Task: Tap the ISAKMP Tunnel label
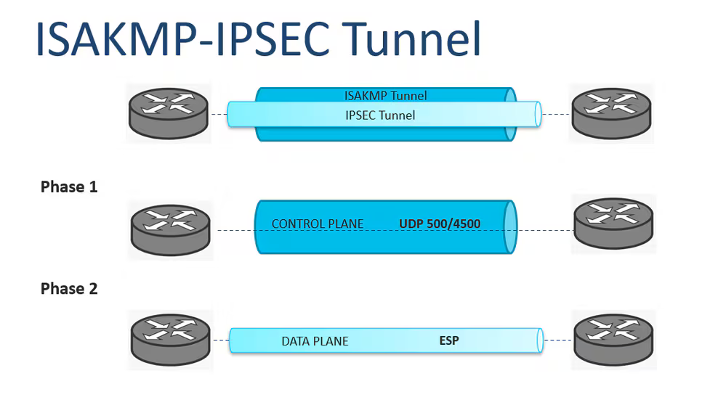pos(385,95)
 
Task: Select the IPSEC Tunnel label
pos(380,115)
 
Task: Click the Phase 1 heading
pos(69,187)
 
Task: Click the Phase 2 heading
pos(69,288)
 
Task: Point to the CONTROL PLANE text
pos(318,224)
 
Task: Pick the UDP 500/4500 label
pos(440,224)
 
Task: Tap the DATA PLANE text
pos(315,340)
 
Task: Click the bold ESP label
pos(449,340)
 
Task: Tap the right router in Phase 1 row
pos(614,223)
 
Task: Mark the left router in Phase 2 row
pos(172,339)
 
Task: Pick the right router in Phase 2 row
pos(614,339)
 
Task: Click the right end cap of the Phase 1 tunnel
pos(510,227)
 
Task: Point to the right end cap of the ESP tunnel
pos(539,340)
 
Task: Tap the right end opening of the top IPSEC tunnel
pos(538,114)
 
